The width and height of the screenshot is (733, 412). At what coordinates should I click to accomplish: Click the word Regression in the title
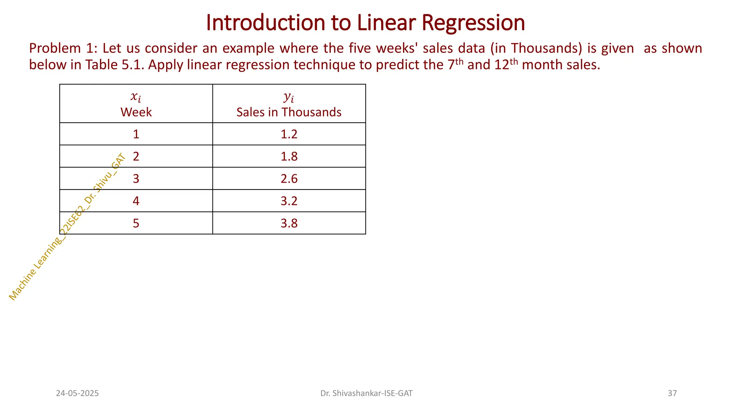point(473,23)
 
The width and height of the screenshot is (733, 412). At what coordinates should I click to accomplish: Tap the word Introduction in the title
point(265,23)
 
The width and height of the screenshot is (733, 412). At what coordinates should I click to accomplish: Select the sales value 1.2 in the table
point(289,134)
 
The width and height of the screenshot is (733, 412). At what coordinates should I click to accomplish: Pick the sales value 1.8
point(289,156)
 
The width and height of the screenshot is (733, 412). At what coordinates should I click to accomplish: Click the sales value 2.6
point(289,178)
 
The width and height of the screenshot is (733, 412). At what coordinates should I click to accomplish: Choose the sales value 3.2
point(289,201)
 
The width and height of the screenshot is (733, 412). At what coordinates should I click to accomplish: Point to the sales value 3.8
point(289,223)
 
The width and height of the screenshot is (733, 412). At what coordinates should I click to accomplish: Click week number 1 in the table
point(136,134)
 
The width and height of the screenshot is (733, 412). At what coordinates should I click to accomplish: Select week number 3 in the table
point(136,178)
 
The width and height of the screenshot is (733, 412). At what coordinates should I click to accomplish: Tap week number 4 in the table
point(136,201)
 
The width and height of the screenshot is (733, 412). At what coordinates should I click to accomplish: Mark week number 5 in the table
point(136,223)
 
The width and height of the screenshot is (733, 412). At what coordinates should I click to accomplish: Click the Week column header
point(136,112)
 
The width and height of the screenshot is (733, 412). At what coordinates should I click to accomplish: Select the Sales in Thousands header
point(289,112)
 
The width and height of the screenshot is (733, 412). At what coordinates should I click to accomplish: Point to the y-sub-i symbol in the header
point(288,97)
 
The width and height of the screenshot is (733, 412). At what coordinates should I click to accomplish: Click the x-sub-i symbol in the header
point(136,97)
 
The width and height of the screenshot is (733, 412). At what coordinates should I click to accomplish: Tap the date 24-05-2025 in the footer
point(77,393)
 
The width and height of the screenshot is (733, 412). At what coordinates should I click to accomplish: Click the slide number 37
point(672,393)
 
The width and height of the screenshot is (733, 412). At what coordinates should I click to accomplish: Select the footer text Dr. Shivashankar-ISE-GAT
point(366,393)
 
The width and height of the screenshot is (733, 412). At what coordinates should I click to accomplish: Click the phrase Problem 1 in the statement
point(61,48)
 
